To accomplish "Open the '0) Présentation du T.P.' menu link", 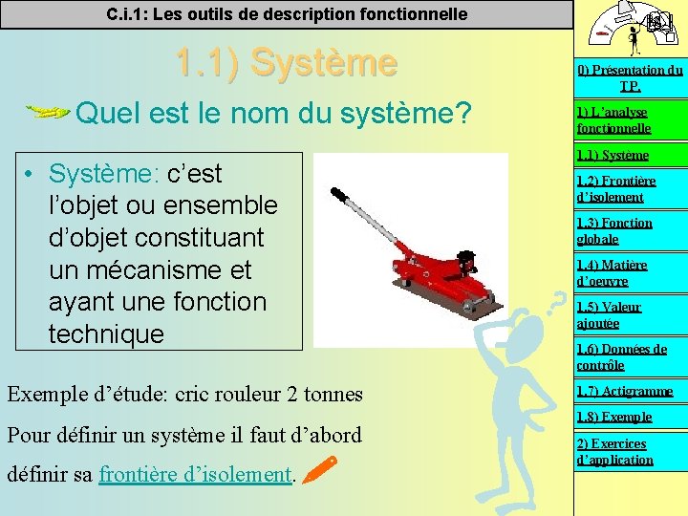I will tap(629, 77).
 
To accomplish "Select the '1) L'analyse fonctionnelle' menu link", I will tap(613, 119).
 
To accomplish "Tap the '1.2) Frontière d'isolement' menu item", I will tap(615, 189).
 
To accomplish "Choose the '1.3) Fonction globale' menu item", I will tap(613, 230).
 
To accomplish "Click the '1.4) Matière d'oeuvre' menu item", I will tap(612, 272).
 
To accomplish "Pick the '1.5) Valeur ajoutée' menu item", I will tap(609, 314).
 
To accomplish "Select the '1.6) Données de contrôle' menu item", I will tap(621, 356).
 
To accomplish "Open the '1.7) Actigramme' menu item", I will tap(624, 391).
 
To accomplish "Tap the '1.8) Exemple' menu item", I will tap(613, 417).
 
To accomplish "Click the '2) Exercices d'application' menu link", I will tap(614, 451).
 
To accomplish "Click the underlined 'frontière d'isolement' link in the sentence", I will tap(195, 474).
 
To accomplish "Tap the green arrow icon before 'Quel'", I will tap(46, 113).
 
